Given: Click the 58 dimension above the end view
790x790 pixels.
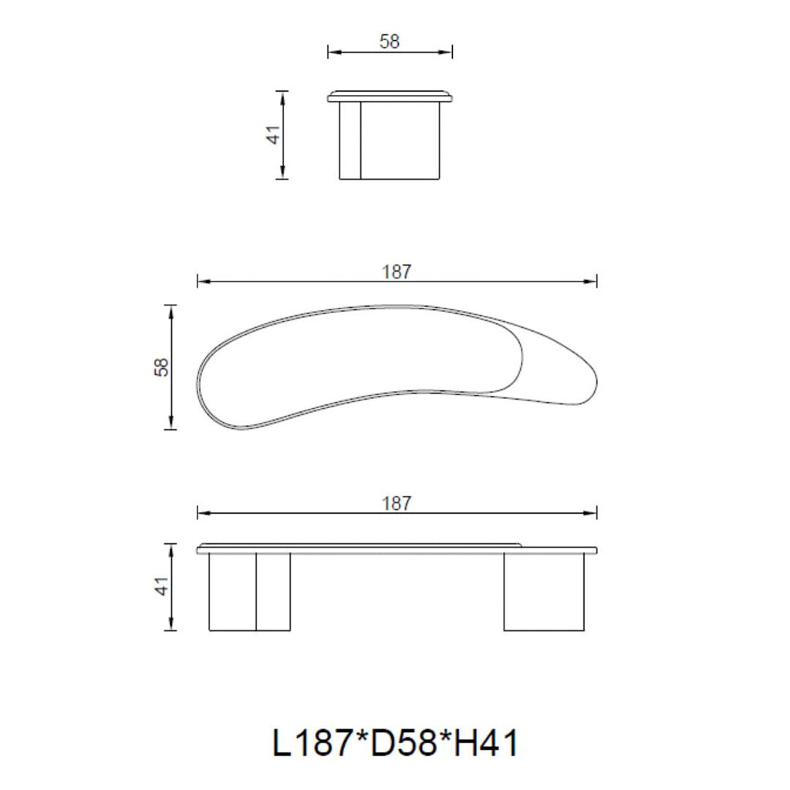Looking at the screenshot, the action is pyautogui.click(x=390, y=42).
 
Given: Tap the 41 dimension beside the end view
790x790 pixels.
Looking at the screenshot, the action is pyautogui.click(x=274, y=135).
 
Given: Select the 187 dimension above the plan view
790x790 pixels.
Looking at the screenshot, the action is pyautogui.click(x=397, y=272).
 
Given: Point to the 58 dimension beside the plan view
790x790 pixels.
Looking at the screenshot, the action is pyautogui.click(x=162, y=367).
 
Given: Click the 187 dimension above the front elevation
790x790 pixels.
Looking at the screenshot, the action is pyautogui.click(x=397, y=503).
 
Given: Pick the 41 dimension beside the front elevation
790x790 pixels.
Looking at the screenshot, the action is pyautogui.click(x=162, y=586).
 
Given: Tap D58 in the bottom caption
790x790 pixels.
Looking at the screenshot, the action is pyautogui.click(x=402, y=743).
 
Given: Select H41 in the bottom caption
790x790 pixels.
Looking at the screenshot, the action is pyautogui.click(x=485, y=743).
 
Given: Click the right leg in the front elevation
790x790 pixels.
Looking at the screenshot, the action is pyautogui.click(x=544, y=592).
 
